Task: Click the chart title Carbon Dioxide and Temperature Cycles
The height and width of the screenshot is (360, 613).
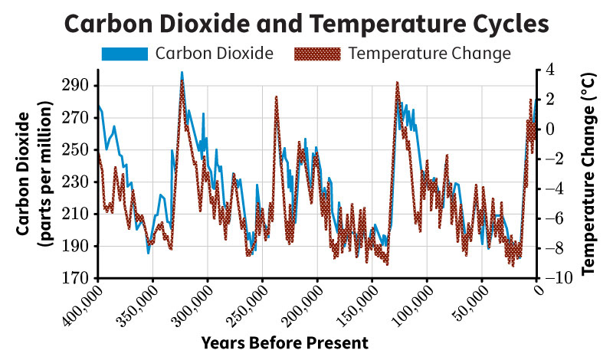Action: tap(306, 23)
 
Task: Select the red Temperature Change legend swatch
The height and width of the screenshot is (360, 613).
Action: tap(316, 54)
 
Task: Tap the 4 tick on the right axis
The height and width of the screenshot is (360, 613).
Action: tap(549, 70)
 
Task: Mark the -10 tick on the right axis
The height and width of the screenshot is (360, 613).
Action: tap(556, 278)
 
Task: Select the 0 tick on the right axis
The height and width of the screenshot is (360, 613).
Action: tap(549, 129)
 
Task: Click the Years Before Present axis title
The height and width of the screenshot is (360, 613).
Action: tap(286, 342)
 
